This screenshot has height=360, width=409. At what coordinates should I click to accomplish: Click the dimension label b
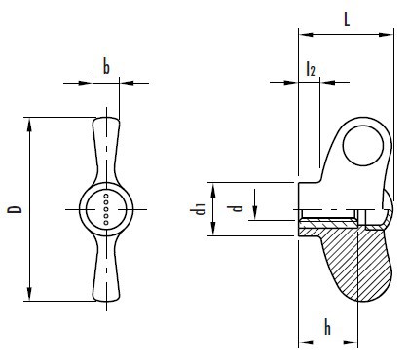(x=106, y=66)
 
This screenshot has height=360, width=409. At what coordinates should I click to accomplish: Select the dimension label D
(x=15, y=209)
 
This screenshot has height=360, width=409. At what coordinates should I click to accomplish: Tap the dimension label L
(x=347, y=19)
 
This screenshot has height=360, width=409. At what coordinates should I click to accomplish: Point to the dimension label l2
(x=311, y=69)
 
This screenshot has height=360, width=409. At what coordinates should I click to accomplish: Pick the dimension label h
(x=328, y=327)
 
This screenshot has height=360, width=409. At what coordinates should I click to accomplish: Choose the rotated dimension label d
(x=238, y=208)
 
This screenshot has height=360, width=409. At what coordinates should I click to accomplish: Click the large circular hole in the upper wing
(x=363, y=146)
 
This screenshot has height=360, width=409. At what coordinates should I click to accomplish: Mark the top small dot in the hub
(x=106, y=196)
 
